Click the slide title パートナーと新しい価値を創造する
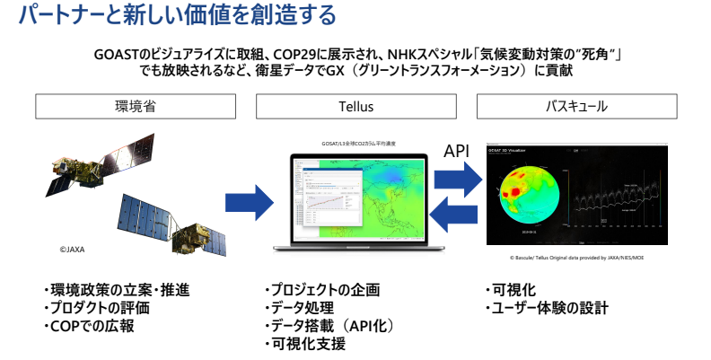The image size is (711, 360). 170,16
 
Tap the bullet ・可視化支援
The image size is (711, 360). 305,344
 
